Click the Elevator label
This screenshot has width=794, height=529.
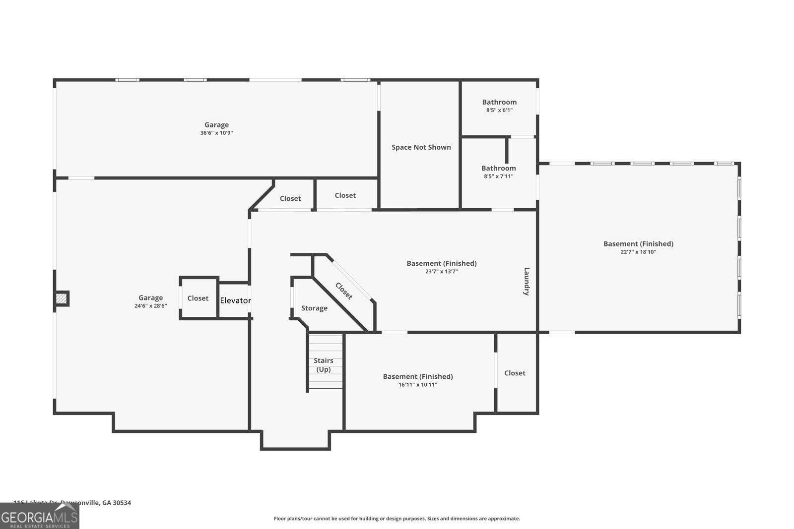tap(235, 300)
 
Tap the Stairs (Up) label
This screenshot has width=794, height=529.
tap(323, 365)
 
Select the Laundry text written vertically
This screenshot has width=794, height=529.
tap(527, 281)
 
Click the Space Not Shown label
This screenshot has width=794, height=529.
tap(421, 147)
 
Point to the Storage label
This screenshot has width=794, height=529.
tap(314, 308)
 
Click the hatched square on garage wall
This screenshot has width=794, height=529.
tap(61, 298)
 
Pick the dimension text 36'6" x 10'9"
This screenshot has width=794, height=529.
tap(216, 133)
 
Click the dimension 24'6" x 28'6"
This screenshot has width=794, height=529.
tap(150, 306)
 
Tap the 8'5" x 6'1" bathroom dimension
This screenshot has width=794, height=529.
tap(499, 110)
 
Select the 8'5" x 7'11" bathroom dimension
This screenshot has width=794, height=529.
tap(498, 176)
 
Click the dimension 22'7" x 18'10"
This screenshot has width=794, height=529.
tap(638, 252)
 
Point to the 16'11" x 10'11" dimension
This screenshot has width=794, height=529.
tap(418, 384)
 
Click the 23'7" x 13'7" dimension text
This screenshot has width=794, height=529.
tap(441, 271)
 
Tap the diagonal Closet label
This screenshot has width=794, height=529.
tap(344, 291)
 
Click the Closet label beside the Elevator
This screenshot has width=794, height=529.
tap(198, 298)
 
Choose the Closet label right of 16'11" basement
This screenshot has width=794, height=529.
tap(515, 373)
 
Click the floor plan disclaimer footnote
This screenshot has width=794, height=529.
tap(397, 519)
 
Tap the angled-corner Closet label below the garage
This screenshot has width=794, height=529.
tap(290, 198)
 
